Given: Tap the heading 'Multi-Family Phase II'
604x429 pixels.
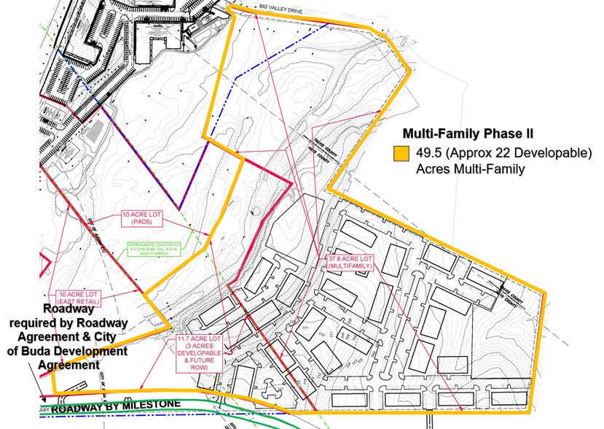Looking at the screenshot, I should [468, 135].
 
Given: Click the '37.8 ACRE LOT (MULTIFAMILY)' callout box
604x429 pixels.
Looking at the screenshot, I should [352, 263].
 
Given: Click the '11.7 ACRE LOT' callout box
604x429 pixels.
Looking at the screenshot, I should [201, 353].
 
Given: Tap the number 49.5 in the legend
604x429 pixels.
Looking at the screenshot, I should [429, 155].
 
